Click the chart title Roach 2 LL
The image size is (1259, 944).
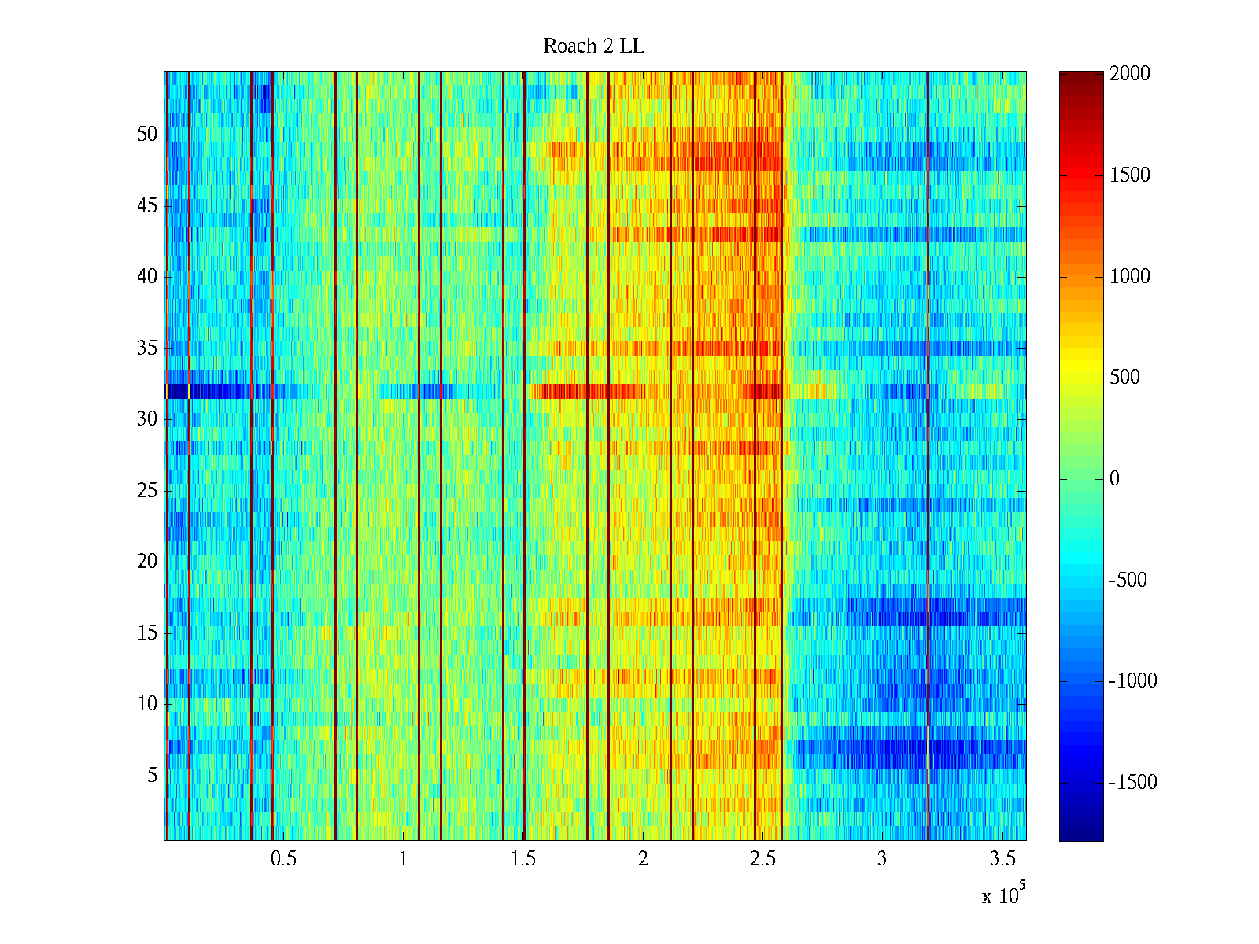593,46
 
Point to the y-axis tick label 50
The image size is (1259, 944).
147,135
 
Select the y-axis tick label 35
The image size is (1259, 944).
147,348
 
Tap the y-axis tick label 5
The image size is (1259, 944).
152,776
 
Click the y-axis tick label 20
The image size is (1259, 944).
147,562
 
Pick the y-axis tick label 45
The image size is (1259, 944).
147,206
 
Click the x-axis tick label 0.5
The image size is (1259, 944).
283,859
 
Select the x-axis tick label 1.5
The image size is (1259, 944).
522,859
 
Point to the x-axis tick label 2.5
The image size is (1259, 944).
762,859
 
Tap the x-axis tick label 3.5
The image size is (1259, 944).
1002,859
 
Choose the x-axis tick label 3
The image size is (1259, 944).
881,859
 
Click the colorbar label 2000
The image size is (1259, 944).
1129,74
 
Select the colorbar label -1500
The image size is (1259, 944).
1132,783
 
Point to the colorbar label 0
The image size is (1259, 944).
1114,479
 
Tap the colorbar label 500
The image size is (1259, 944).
1124,378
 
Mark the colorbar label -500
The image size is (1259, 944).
1128,581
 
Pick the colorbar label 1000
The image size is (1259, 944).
1129,276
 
